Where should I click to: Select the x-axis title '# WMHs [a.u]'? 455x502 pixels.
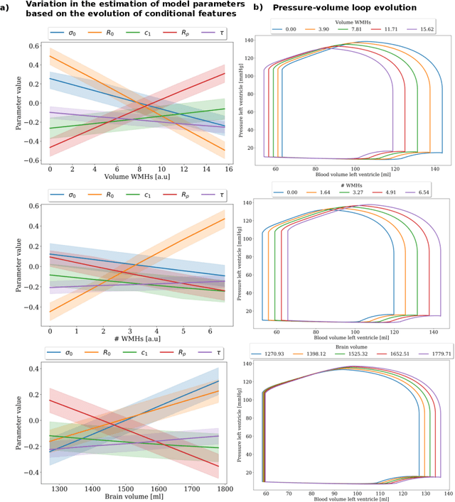coord(136,341)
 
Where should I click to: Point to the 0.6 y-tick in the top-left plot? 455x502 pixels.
coord(33,46)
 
